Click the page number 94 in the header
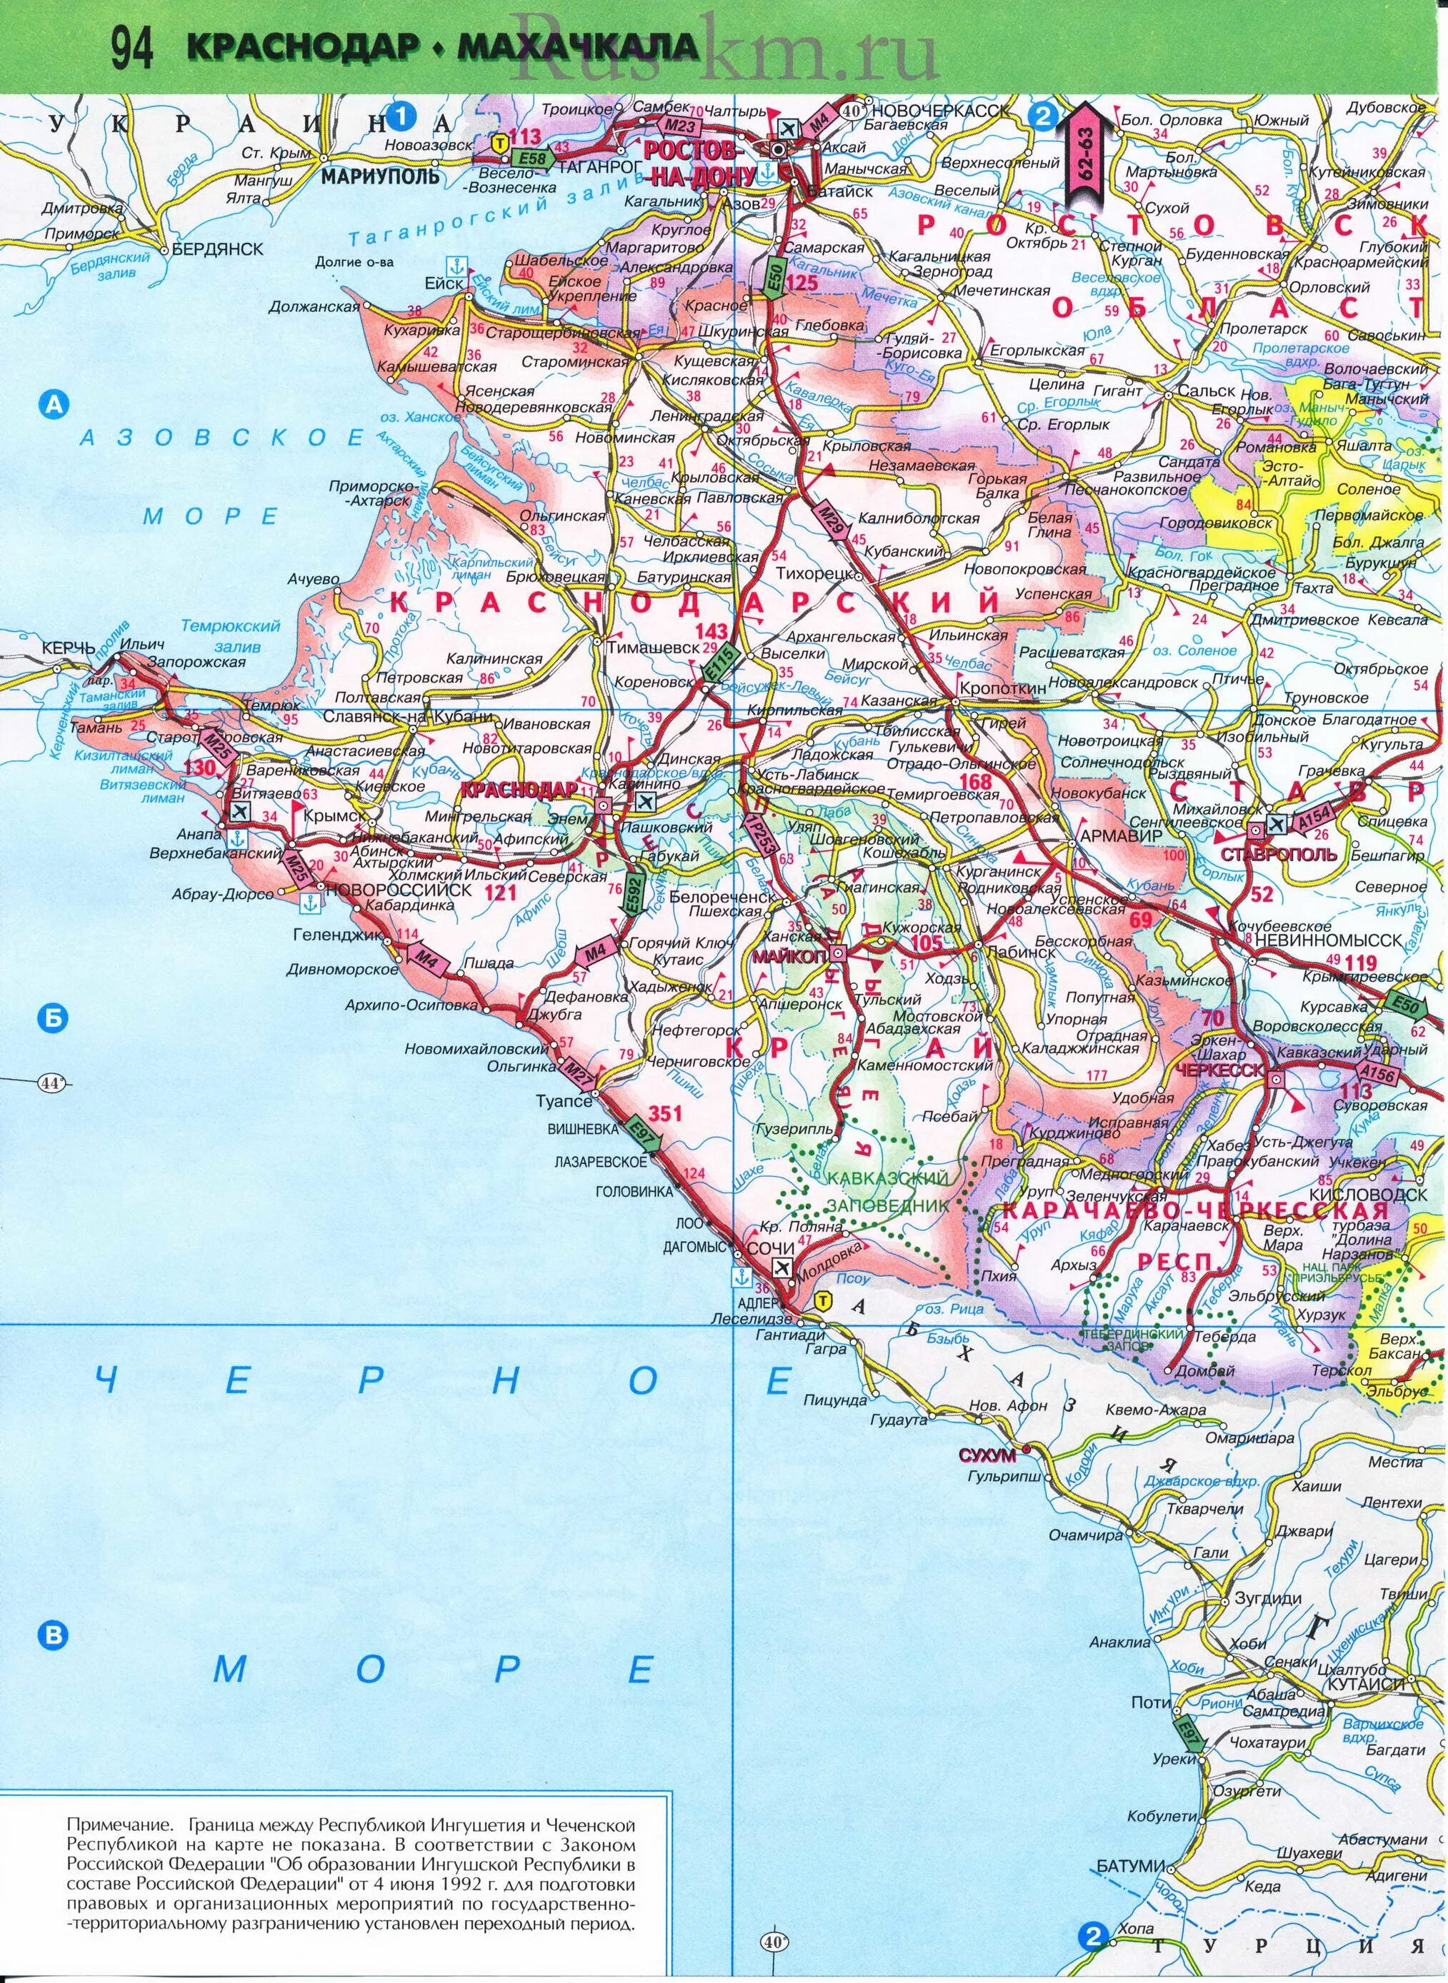132,50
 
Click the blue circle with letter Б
54,1018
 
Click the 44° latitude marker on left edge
53,1083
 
